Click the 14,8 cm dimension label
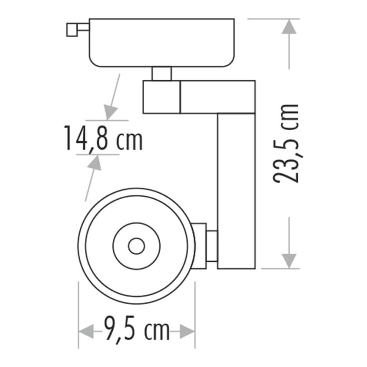[x=103, y=138]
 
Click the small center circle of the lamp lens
[x=136, y=245]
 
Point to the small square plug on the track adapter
[x=72, y=29]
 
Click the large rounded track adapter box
[x=161, y=42]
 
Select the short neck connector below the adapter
[x=161, y=73]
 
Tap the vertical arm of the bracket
[x=236, y=191]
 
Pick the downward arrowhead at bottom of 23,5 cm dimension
[x=290, y=261]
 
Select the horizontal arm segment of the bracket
[x=217, y=97]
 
